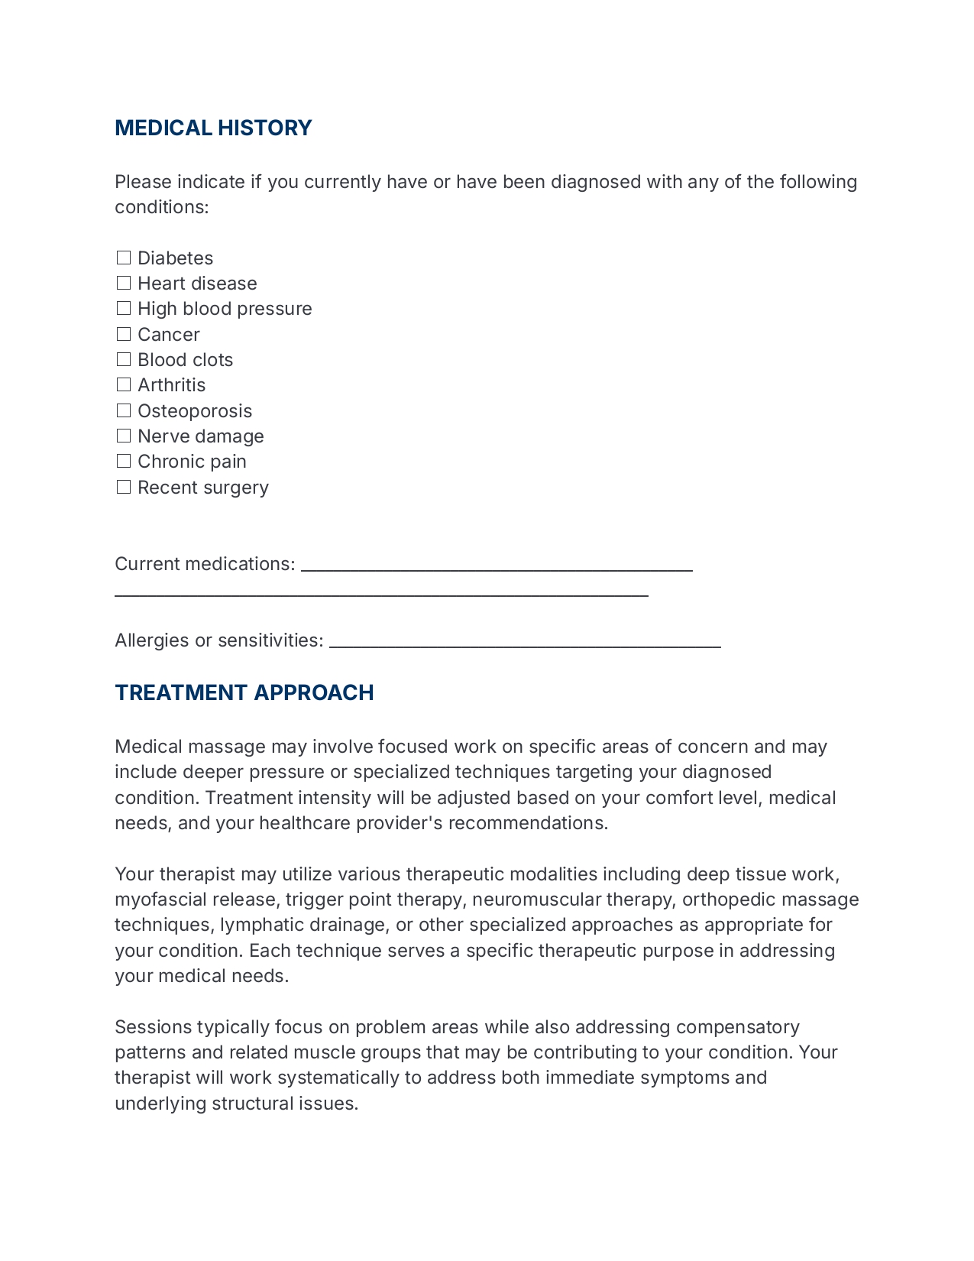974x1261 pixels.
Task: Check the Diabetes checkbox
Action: point(124,258)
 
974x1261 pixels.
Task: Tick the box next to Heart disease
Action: point(124,283)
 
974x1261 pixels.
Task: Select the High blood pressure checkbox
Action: point(124,308)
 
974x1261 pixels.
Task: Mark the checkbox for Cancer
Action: point(124,334)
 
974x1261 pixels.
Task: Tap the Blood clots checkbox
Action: point(124,359)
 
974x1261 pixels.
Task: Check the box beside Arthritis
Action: point(124,384)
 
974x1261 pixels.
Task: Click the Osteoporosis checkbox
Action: point(124,410)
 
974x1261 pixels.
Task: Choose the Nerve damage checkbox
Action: point(124,436)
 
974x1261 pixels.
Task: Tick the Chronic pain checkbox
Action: point(124,461)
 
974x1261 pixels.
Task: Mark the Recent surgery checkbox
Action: point(124,487)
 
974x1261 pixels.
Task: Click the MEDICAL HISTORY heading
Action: point(213,128)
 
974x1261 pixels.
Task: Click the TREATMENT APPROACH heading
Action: point(244,692)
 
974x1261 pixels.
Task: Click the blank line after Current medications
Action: point(497,566)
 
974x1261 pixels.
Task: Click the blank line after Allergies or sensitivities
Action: point(525,642)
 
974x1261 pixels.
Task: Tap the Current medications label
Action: point(204,564)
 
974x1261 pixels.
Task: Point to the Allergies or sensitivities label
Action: point(218,640)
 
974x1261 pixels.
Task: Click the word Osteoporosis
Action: point(195,411)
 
